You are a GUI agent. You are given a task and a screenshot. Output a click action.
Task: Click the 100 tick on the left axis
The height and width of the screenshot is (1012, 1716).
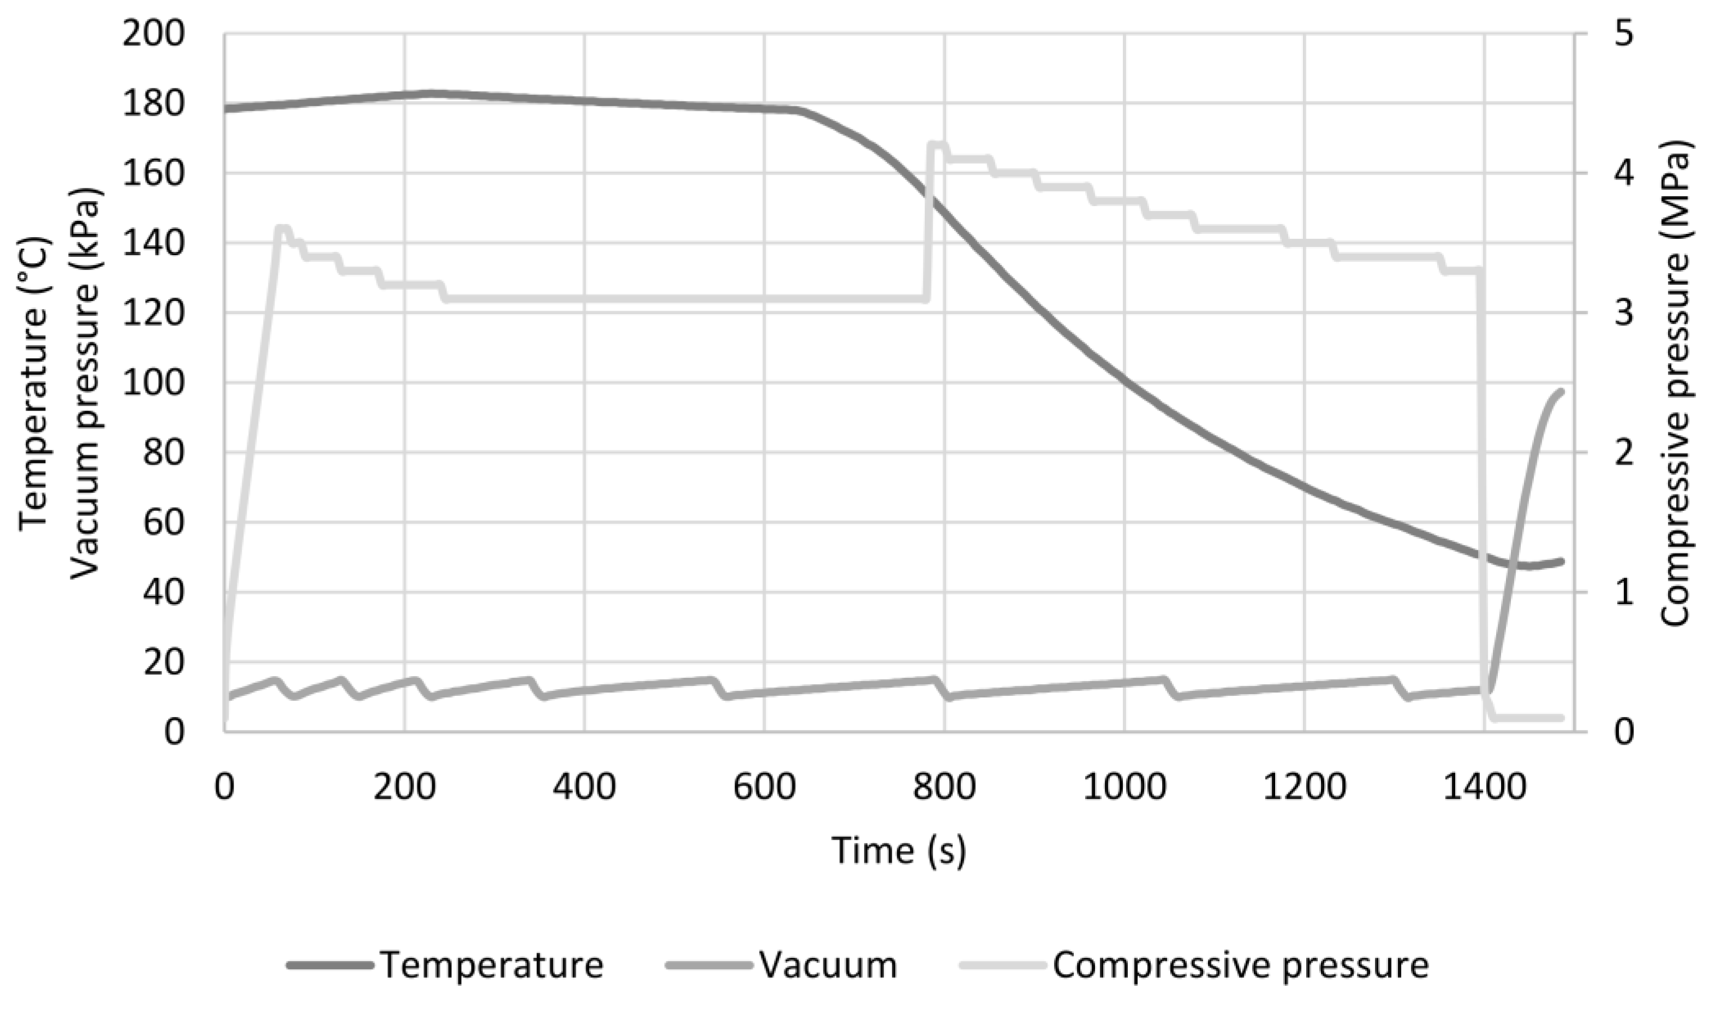(153, 383)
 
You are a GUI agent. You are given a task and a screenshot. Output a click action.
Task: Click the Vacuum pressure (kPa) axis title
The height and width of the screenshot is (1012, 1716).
(85, 383)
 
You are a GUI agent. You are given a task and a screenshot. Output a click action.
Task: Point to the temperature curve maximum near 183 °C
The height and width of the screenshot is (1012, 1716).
(430, 93)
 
